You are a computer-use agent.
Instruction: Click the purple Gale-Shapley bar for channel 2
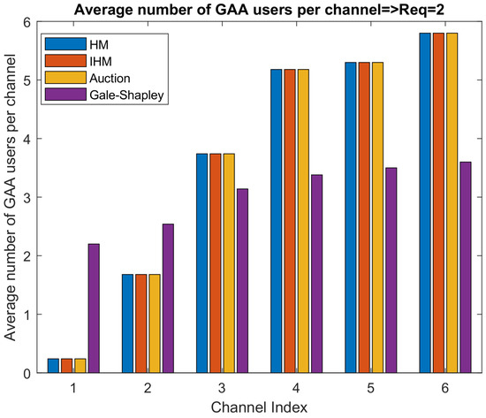[x=168, y=298]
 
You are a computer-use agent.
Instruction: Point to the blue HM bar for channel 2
[x=127, y=323]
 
